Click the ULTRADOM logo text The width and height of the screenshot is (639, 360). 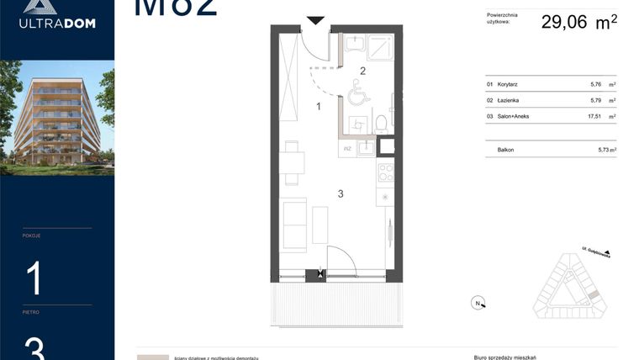click(x=57, y=24)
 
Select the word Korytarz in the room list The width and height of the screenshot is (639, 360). click(x=507, y=85)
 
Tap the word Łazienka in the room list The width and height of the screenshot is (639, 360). click(x=508, y=101)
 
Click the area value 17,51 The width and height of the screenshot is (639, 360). click(x=599, y=116)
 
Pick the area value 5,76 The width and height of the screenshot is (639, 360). click(x=599, y=85)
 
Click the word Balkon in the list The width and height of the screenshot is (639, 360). click(x=505, y=150)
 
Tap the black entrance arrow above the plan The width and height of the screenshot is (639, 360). click(x=315, y=20)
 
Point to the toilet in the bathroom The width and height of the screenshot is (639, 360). click(x=381, y=124)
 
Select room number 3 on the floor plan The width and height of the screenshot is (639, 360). click(x=341, y=194)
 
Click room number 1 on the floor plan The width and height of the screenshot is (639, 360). click(x=319, y=107)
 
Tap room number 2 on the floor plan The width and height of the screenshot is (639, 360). click(x=363, y=71)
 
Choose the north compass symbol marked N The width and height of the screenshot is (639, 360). click(x=477, y=304)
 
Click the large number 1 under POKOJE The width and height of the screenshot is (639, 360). click(x=34, y=278)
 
